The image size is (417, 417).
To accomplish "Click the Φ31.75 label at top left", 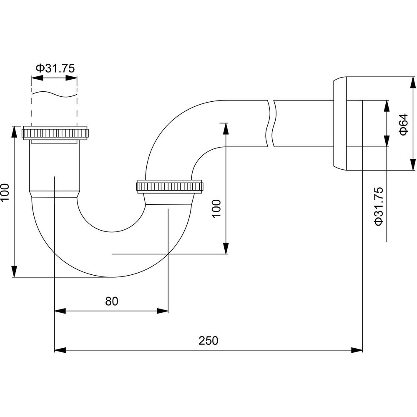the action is coord(55,68).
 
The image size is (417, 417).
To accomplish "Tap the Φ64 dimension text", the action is coord(403,124).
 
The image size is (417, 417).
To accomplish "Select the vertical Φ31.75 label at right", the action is coord(379,206).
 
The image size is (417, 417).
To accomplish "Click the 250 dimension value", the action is coord(208,340).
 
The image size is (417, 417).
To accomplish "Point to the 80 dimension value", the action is coord(111,301).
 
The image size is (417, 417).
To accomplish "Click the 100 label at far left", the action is coord(5,193).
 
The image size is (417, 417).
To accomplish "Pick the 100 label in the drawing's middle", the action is coord(216,209).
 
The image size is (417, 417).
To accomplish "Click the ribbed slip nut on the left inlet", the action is coord(55,133).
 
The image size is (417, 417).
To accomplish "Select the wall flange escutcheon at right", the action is coord(340,123).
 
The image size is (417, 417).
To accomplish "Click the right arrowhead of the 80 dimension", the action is coord(163,311).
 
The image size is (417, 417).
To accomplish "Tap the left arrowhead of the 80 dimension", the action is coord(60,311).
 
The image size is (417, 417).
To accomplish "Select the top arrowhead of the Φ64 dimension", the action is coord(413,83).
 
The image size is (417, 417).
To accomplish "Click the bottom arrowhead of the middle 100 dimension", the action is coord(226,249).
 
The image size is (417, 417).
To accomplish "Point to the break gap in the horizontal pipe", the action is coord(271,123).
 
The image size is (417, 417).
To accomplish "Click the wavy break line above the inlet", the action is coord(55,94).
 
